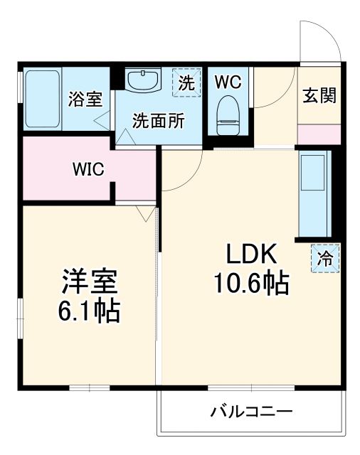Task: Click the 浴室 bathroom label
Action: pyautogui.click(x=85, y=100)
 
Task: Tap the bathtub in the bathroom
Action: pyautogui.click(x=43, y=100)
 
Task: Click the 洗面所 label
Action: pyautogui.click(x=158, y=121)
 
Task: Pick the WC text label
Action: pyautogui.click(x=228, y=82)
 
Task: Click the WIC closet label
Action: pyautogui.click(x=88, y=169)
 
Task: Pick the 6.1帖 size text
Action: pyautogui.click(x=88, y=310)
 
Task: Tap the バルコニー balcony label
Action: pyautogui.click(x=251, y=412)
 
